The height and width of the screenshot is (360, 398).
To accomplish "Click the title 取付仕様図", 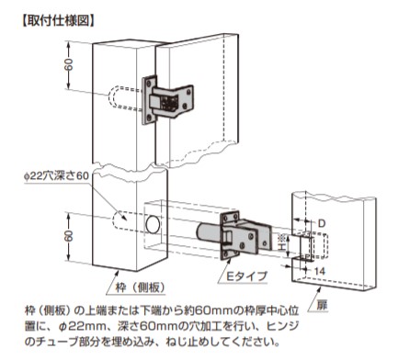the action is (58, 22).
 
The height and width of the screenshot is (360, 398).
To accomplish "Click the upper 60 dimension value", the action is (69, 65).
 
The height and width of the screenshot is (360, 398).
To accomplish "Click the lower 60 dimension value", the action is (69, 236).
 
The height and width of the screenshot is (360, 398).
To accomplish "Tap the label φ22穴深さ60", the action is (56, 176).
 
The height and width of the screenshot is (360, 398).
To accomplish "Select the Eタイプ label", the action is (246, 276).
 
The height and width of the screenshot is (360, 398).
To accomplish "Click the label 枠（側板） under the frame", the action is (140, 287).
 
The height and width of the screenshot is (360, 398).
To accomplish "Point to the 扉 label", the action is (322, 306).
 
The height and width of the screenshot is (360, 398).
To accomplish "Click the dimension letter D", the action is (322, 223).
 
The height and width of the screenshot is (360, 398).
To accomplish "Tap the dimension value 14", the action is (320, 271).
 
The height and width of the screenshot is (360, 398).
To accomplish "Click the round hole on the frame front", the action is (153, 225).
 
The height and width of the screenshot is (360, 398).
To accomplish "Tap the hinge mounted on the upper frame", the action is (167, 100).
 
